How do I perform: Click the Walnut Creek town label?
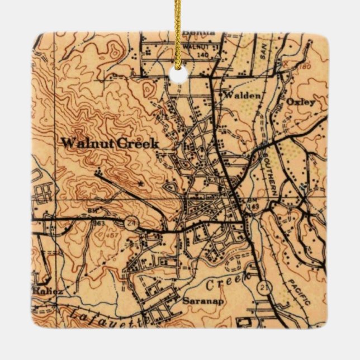[x=110, y=143]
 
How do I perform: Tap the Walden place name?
[x=242, y=96]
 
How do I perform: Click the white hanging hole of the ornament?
[x=179, y=74]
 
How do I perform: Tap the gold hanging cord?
[x=178, y=28]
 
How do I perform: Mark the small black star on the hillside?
[x=140, y=183]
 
